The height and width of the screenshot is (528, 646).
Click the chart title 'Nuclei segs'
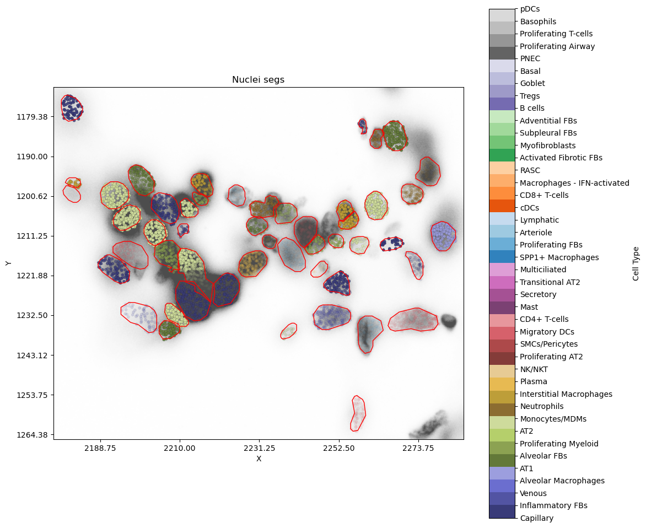tap(258, 80)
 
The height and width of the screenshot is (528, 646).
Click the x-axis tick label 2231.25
tap(260, 448)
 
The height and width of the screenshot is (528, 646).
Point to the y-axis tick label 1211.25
tap(33, 236)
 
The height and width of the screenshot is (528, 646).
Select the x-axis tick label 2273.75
tap(418, 448)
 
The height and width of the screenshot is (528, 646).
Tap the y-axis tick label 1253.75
tap(33, 395)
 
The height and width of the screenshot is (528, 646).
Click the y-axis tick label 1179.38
tap(33, 117)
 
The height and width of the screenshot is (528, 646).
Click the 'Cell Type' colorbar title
tap(636, 263)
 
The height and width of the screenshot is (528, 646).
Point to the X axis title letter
tap(259, 459)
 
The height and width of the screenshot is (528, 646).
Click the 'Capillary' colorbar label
tap(537, 518)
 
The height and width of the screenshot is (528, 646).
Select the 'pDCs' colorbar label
tap(530, 9)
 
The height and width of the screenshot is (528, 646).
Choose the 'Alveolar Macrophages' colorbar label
tap(562, 481)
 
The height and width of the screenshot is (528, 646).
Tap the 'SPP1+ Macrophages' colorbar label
tap(559, 257)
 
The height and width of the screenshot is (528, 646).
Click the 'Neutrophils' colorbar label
tap(542, 406)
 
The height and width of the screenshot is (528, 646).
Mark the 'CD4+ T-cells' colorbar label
tap(544, 319)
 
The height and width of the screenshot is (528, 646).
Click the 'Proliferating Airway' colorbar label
tap(557, 46)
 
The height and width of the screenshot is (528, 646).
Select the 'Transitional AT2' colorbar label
tap(550, 282)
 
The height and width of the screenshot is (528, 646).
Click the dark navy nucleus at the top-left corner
tap(72, 107)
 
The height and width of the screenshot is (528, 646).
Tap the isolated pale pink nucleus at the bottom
tap(358, 413)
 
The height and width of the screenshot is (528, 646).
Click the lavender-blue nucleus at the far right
tap(443, 236)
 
